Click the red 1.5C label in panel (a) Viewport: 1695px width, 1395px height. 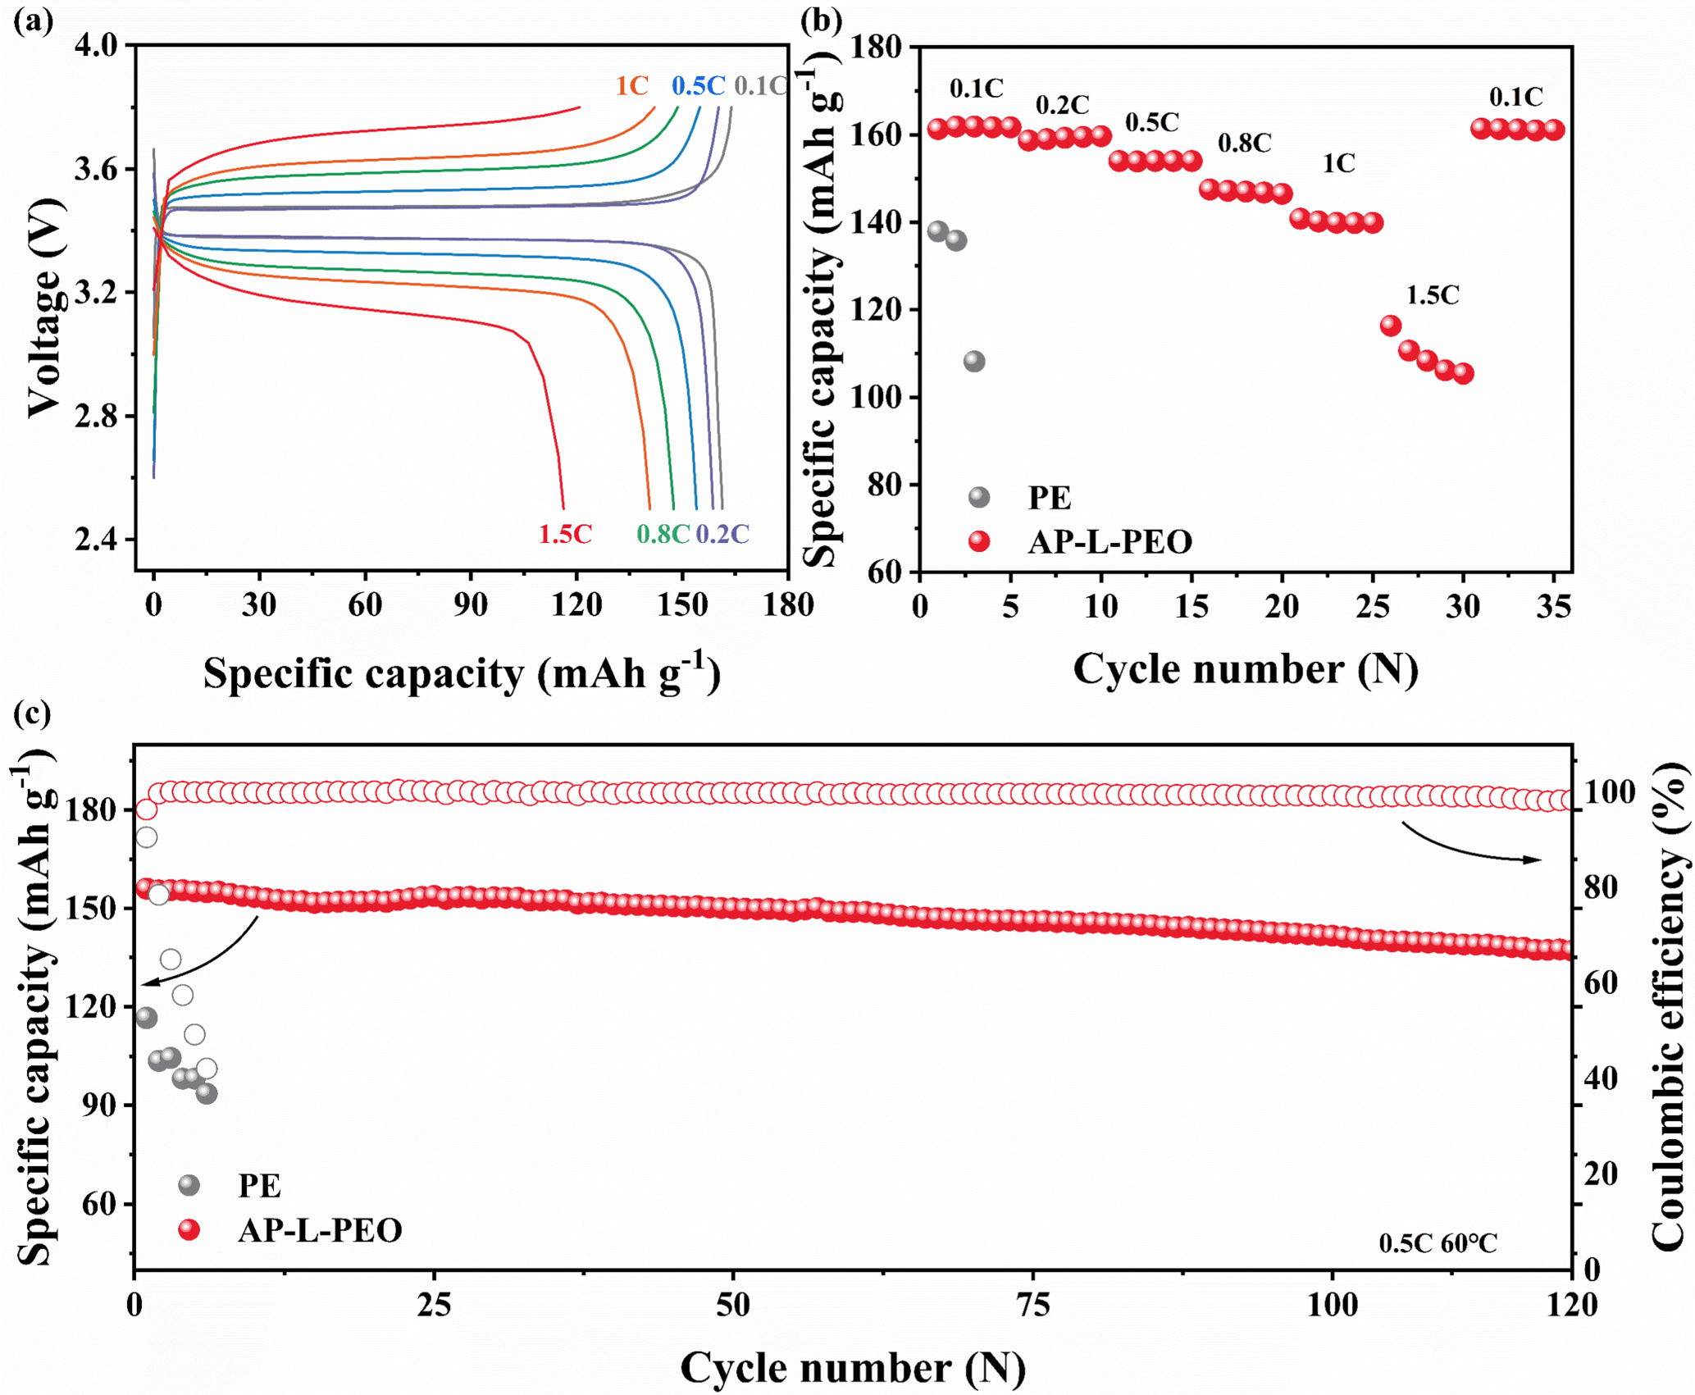[565, 534]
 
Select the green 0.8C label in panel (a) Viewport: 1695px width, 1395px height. [663, 534]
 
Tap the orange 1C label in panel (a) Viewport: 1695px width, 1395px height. [632, 86]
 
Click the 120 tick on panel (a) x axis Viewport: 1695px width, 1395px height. [576, 606]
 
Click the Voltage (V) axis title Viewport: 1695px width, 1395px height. [44, 308]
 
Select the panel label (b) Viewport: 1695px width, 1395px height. [821, 19]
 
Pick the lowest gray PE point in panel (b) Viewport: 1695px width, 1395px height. [973, 361]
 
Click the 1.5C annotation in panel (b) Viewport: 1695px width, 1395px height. [1433, 295]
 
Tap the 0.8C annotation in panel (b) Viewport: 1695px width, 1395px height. [1244, 144]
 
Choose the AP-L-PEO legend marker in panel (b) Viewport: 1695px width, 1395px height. [979, 541]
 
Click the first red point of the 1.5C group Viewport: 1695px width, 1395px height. [1391, 326]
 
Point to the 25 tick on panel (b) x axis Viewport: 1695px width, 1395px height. [1374, 608]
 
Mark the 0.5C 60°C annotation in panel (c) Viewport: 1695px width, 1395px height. [1438, 1244]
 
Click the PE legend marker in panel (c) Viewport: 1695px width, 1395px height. [189, 1185]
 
